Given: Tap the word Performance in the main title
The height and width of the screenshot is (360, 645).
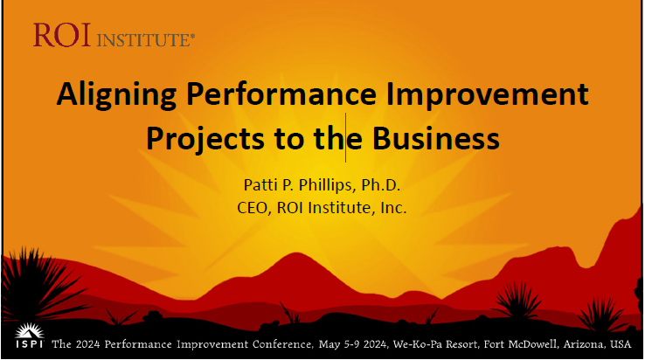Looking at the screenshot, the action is [x=281, y=93].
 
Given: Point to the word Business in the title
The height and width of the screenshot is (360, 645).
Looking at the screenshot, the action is [x=435, y=138].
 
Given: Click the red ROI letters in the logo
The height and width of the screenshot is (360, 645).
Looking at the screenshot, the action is [x=62, y=35].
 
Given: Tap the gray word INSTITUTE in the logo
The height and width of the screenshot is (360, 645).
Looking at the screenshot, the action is [x=144, y=40].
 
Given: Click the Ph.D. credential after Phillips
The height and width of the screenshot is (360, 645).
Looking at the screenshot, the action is [x=380, y=184].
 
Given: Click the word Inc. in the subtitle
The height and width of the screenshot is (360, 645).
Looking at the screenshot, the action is [x=393, y=207].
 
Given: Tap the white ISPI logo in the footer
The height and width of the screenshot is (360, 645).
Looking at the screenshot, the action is [x=29, y=336].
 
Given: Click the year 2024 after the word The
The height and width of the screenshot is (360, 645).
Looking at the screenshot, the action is [x=87, y=344].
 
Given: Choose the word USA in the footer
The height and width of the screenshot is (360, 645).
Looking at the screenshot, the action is [x=621, y=344].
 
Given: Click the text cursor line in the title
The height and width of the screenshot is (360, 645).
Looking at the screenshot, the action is [x=345, y=137].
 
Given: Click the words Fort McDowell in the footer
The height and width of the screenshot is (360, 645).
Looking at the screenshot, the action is [x=521, y=344].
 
